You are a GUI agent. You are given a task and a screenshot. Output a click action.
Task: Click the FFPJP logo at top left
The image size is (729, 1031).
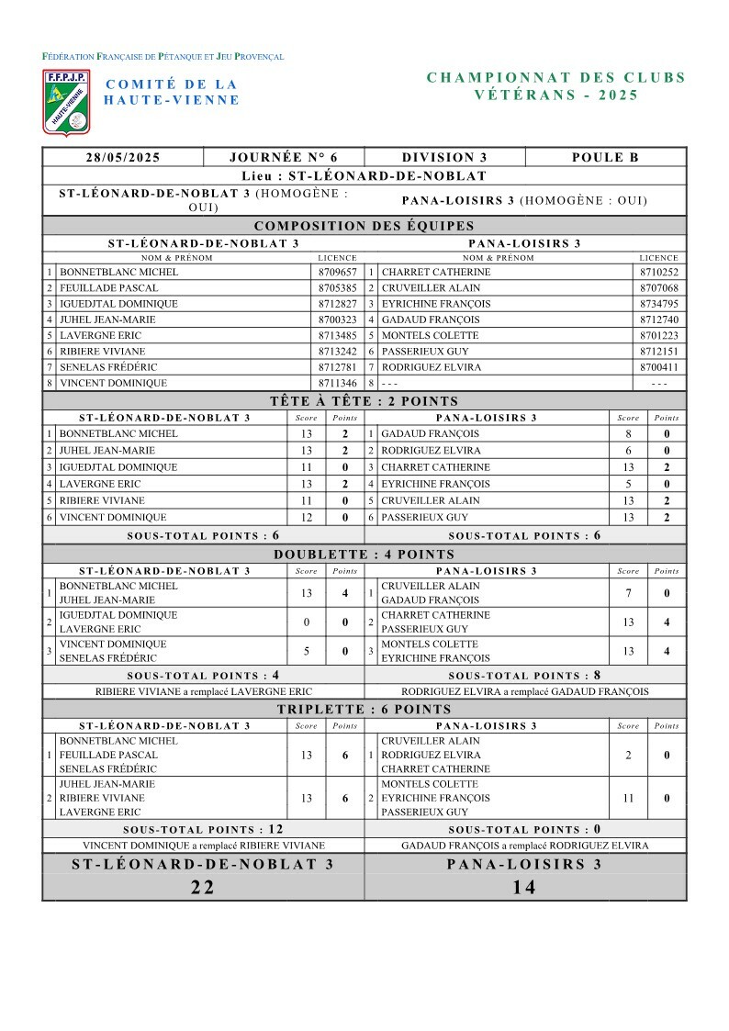tap(66, 101)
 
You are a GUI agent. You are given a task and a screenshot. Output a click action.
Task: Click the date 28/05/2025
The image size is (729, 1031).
tap(123, 157)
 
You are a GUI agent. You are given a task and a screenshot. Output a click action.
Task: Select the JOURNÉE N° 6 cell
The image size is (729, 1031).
tap(284, 157)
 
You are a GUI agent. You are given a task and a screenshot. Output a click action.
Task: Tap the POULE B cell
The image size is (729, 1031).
tap(605, 157)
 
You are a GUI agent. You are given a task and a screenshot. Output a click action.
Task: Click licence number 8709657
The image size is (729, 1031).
tap(337, 273)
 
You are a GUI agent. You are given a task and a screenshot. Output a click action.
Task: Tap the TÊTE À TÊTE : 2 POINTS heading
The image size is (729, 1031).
tap(364, 401)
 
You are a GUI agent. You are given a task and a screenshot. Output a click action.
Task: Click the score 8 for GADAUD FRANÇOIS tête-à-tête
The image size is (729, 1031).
tap(628, 433)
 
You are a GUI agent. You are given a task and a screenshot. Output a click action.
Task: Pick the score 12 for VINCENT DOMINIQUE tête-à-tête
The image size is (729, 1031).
tap(307, 518)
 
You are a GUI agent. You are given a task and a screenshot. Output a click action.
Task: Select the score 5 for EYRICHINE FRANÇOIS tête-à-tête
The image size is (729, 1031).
tap(628, 484)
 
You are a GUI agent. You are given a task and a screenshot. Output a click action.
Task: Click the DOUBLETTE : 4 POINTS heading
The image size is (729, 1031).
tap(364, 555)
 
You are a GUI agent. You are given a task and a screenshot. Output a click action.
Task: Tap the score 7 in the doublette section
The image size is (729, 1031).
tap(628, 593)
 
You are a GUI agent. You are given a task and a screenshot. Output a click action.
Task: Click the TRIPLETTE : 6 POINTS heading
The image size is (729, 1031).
tap(364, 709)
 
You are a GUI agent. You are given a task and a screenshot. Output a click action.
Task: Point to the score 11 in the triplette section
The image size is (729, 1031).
tap(628, 799)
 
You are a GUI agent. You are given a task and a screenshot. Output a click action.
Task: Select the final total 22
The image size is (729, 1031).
tap(203, 887)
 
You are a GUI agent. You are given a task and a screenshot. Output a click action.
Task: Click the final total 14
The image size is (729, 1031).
tap(525, 887)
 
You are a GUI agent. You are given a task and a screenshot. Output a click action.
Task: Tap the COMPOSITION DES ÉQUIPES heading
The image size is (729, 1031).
tap(364, 226)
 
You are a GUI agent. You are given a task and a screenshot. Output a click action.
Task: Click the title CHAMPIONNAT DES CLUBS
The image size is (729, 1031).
tap(556, 78)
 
